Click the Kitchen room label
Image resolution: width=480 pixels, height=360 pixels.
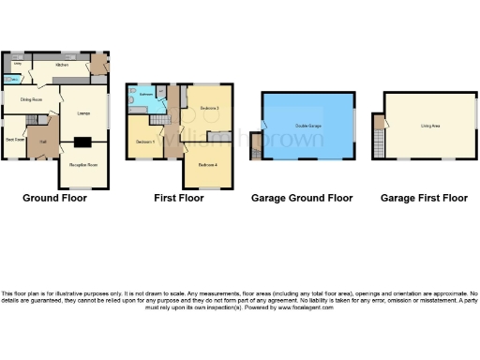[62, 65]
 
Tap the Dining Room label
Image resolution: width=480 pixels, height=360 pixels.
[31, 98]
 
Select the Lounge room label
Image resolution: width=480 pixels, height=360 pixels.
[82, 111]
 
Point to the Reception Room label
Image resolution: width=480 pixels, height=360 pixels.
[83, 164]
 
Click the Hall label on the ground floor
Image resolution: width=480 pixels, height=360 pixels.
[43, 142]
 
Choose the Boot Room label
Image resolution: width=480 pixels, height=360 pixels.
[15, 140]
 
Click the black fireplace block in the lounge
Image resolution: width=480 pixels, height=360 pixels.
[83, 142]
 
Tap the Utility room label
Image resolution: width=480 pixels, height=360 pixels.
[17, 64]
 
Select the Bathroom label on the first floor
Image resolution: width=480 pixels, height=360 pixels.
[146, 95]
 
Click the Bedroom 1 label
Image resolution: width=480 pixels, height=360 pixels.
[144, 141]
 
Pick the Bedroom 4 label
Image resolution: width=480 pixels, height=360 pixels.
[207, 165]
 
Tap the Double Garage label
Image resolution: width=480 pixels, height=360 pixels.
[308, 125]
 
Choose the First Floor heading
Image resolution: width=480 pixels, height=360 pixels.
[179, 199]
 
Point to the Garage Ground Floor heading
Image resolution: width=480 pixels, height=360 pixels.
[302, 199]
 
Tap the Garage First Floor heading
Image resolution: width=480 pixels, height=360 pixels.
[424, 199]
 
